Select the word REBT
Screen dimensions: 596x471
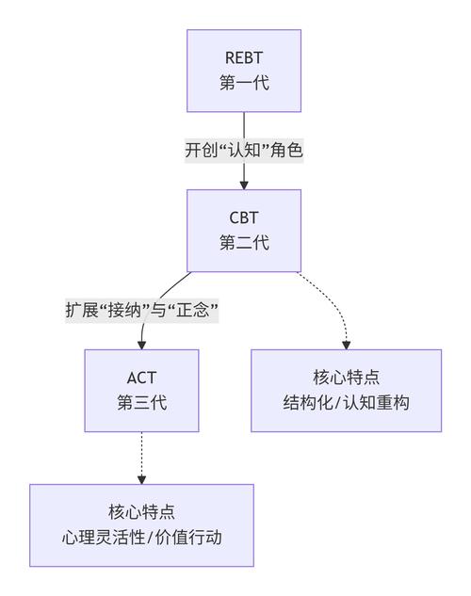point(244,58)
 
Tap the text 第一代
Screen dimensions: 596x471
point(244,83)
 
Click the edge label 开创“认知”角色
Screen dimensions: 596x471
point(244,150)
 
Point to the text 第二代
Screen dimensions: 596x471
point(244,243)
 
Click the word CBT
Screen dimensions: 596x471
point(244,218)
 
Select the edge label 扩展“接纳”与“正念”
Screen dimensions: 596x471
point(141,310)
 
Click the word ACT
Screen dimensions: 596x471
point(141,379)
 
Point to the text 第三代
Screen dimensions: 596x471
point(141,403)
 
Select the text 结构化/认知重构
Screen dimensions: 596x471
point(346,403)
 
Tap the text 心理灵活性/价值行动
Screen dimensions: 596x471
point(141,538)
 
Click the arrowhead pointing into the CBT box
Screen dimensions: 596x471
point(244,184)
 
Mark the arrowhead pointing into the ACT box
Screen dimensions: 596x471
point(141,344)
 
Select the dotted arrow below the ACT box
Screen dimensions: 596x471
point(141,457)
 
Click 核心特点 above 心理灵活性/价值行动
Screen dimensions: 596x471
point(141,513)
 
